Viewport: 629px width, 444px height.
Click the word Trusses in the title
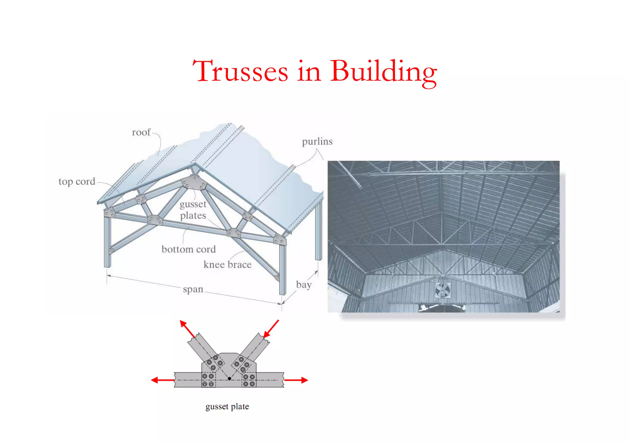tap(240, 71)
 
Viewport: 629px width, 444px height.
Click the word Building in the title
tap(383, 72)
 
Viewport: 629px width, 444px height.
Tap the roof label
tap(141, 132)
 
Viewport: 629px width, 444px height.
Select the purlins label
tap(317, 141)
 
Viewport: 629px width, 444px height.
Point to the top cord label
tap(77, 181)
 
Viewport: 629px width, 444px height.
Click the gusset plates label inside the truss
tap(193, 210)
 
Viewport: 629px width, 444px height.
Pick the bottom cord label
tap(189, 249)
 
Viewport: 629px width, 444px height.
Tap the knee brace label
tap(227, 264)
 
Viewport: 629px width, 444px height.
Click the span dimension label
tap(193, 289)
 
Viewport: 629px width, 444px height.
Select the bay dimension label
tap(304, 285)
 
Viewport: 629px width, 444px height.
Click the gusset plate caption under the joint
tap(227, 406)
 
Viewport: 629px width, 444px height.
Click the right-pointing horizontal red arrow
tap(296, 380)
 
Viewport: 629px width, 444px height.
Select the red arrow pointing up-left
tap(187, 328)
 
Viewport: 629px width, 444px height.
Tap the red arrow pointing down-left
tap(271, 329)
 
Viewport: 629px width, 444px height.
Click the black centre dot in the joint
tap(229, 379)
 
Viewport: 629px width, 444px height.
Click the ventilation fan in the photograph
tap(443, 290)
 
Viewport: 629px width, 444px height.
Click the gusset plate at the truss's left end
tap(109, 212)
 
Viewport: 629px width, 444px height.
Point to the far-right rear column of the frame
tap(319, 230)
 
